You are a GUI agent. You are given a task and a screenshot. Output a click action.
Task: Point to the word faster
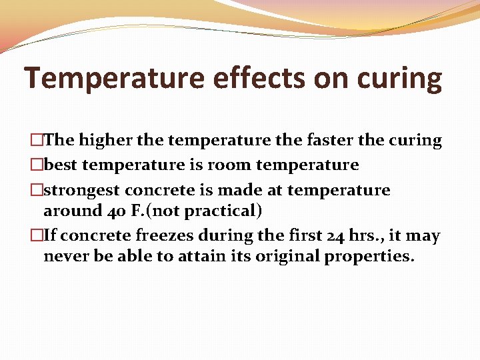(327, 140)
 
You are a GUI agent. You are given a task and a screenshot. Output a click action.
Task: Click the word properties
(369, 257)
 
